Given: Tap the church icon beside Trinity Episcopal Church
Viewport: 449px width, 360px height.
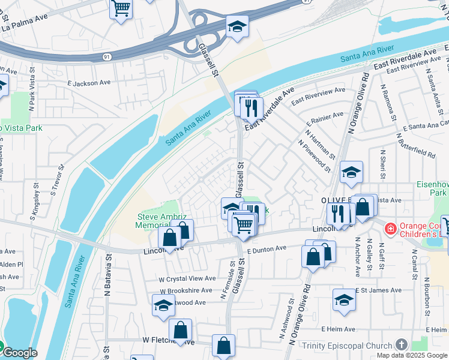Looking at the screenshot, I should pyautogui.click(x=401, y=344).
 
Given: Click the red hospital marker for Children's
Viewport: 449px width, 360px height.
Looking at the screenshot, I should pyautogui.click(x=391, y=229).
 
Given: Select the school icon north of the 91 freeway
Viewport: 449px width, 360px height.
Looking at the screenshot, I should pyautogui.click(x=237, y=26).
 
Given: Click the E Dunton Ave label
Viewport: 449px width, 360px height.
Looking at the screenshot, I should pyautogui.click(x=265, y=248).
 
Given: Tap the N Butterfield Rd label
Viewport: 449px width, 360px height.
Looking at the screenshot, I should pyautogui.click(x=415, y=146).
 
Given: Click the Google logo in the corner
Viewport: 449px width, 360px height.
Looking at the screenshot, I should pyautogui.click(x=19, y=353).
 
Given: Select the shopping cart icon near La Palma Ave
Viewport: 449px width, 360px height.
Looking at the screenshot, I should pyautogui.click(x=121, y=9).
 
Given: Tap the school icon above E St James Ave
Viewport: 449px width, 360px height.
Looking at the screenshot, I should pyautogui.click(x=344, y=299).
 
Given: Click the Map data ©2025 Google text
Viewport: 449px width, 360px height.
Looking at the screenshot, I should pyautogui.click(x=412, y=355).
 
